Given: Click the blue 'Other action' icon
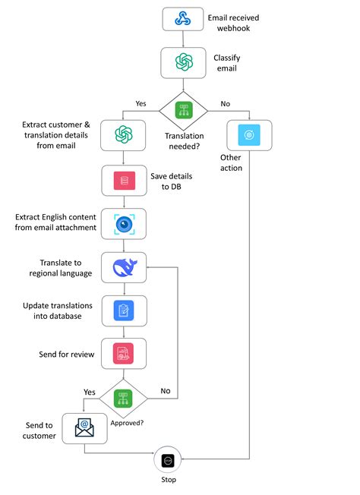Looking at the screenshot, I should [248, 134].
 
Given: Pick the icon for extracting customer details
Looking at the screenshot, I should [124, 134].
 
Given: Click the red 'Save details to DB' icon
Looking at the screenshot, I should [124, 180].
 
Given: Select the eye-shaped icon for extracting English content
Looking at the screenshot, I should [124, 223].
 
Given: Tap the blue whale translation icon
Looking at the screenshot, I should [124, 267].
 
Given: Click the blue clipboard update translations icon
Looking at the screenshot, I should [124, 311].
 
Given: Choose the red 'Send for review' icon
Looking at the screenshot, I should [124, 354].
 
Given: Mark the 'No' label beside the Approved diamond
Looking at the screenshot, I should [165, 392].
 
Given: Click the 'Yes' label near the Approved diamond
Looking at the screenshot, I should [90, 392].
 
